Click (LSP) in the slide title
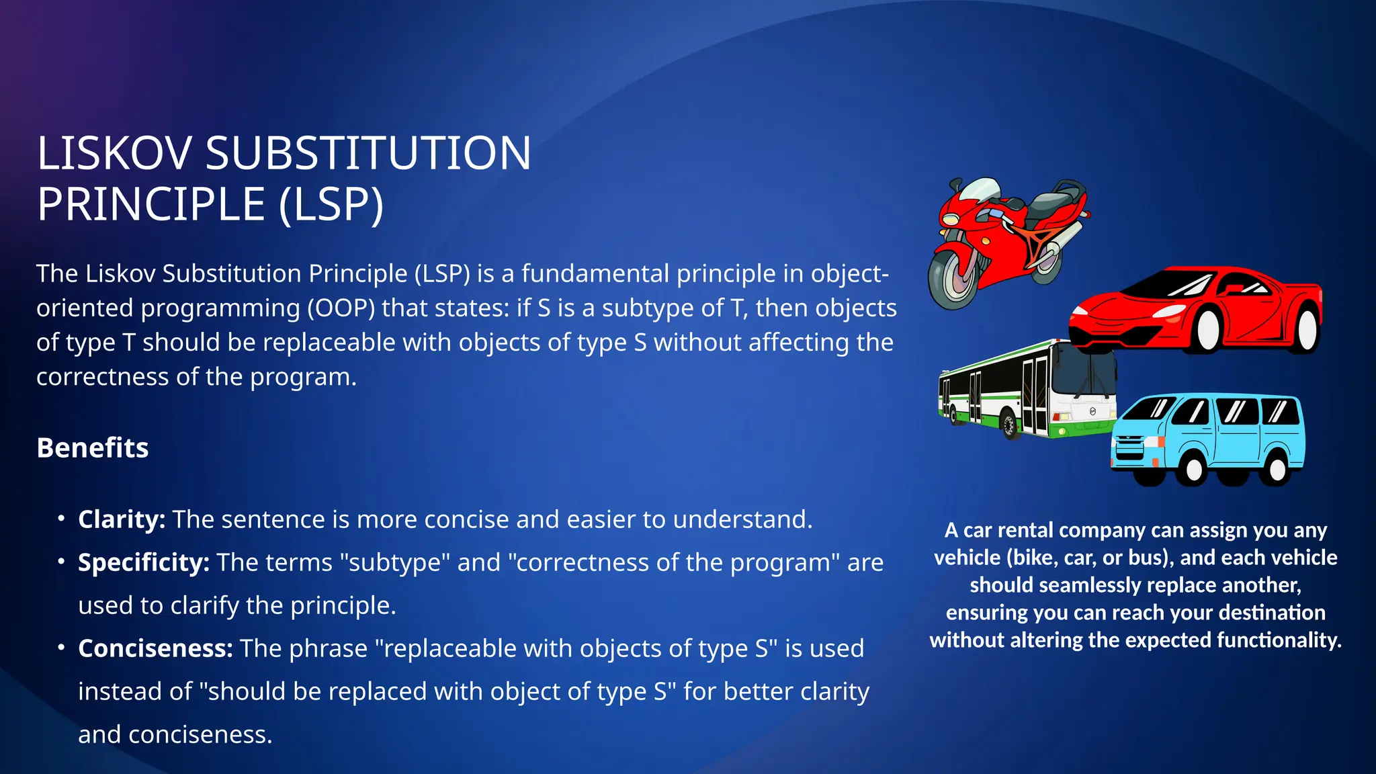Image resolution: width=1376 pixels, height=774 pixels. [x=331, y=204]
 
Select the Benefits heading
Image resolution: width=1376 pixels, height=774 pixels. [x=93, y=448]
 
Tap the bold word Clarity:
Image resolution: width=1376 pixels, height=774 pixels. [x=122, y=519]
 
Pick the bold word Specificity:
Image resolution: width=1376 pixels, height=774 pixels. [x=144, y=562]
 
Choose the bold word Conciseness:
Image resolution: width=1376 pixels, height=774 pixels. [x=155, y=648]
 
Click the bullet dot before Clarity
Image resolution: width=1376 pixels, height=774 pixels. [x=61, y=519]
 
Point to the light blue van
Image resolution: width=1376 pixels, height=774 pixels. [x=1209, y=437]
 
